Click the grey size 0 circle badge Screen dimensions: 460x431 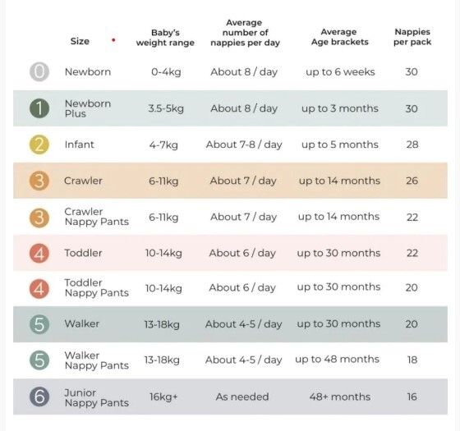tap(39, 72)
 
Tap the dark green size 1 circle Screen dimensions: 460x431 tap(39, 108)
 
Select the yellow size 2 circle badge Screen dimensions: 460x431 tap(39, 144)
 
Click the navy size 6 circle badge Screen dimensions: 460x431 tap(39, 397)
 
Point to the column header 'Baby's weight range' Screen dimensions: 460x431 tap(165, 38)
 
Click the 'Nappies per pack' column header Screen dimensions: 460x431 tap(412, 37)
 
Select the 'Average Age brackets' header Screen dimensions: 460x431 tap(339, 37)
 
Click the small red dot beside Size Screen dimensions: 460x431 tap(113, 40)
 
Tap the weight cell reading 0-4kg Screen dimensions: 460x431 tap(166, 72)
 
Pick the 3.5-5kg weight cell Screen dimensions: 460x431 tap(166, 108)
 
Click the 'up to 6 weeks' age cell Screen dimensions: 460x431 tap(340, 72)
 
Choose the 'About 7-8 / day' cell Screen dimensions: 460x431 tap(244, 144)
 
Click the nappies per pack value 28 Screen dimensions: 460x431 tap(412, 144)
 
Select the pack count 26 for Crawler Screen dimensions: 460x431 tap(412, 181)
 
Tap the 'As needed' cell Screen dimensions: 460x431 tap(242, 397)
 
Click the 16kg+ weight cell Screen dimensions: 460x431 tap(163, 397)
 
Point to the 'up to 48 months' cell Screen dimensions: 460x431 tap(337, 360)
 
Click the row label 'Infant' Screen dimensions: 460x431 tap(79, 144)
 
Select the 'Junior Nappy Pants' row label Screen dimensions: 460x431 tap(97, 397)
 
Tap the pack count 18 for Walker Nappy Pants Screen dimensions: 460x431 tap(412, 360)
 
